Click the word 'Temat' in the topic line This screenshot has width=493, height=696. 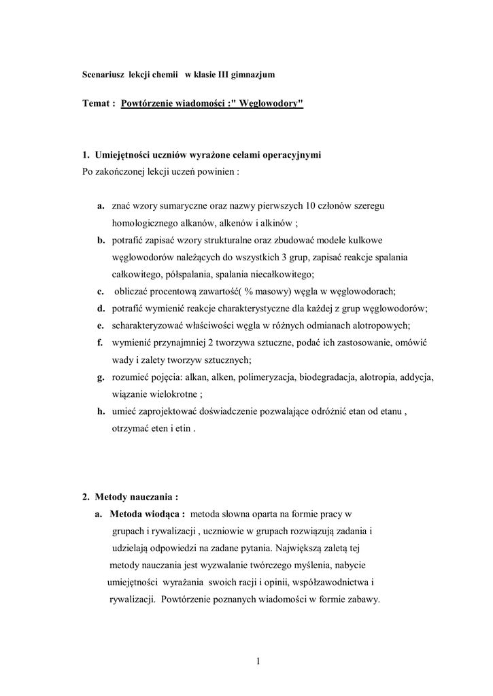(x=94, y=104)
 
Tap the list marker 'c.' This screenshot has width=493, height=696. (x=100, y=292)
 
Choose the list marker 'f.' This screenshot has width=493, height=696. (x=100, y=343)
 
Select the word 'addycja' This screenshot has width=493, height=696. (x=417, y=377)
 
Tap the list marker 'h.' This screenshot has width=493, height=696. (x=101, y=412)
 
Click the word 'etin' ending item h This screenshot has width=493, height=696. (x=184, y=430)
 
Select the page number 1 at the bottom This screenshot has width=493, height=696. (x=259, y=661)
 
